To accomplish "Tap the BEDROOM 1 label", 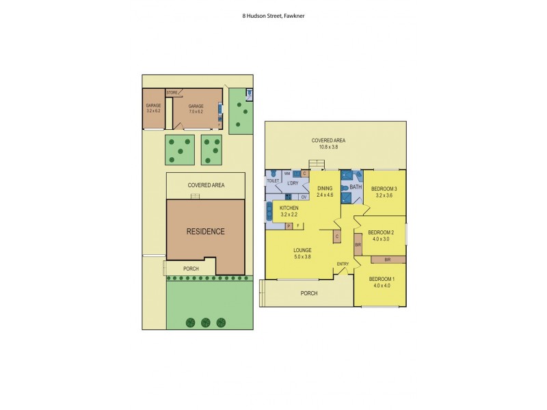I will point(381,279).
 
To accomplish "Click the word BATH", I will point(355,187).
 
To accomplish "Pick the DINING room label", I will point(325,188).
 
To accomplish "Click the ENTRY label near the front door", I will point(343,264).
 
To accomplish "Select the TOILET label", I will point(273,180).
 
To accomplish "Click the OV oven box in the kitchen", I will point(304,197).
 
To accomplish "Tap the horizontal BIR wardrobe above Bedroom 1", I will point(387,260).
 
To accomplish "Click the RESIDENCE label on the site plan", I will point(205,231).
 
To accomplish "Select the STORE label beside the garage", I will point(172,92).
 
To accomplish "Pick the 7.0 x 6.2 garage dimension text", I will point(197,111).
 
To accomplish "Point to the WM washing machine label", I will point(287,174).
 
